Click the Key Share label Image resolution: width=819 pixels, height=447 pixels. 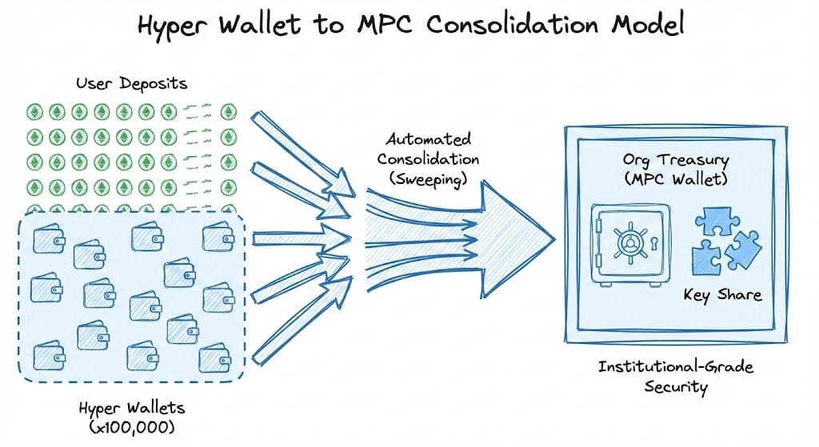pyautogui.click(x=722, y=294)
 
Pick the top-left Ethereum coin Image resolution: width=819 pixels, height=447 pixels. pyautogui.click(x=35, y=111)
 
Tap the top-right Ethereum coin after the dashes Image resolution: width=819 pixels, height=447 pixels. pyautogui.click(x=230, y=111)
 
